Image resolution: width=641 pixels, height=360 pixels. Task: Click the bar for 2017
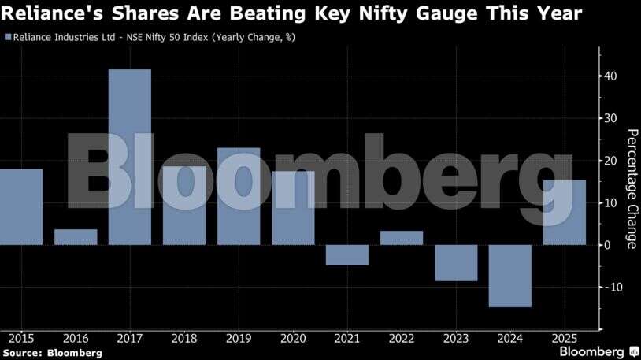[130, 157]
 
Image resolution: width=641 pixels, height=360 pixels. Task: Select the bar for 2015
[21, 206]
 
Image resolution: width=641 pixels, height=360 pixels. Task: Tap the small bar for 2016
[76, 236]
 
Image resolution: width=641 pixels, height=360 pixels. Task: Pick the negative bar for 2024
[510, 276]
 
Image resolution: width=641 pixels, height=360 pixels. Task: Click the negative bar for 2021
[347, 254]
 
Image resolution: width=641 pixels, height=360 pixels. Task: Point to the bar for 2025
[565, 213]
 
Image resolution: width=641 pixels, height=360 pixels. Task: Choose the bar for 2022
[402, 238]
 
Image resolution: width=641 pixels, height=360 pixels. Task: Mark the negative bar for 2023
[456, 262]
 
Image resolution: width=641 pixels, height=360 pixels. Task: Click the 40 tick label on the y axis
[611, 76]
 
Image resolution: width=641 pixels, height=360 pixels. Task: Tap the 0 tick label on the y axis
[608, 245]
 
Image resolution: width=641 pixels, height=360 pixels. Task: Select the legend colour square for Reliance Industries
[8, 37]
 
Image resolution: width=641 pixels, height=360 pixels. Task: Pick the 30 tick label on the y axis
[611, 118]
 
